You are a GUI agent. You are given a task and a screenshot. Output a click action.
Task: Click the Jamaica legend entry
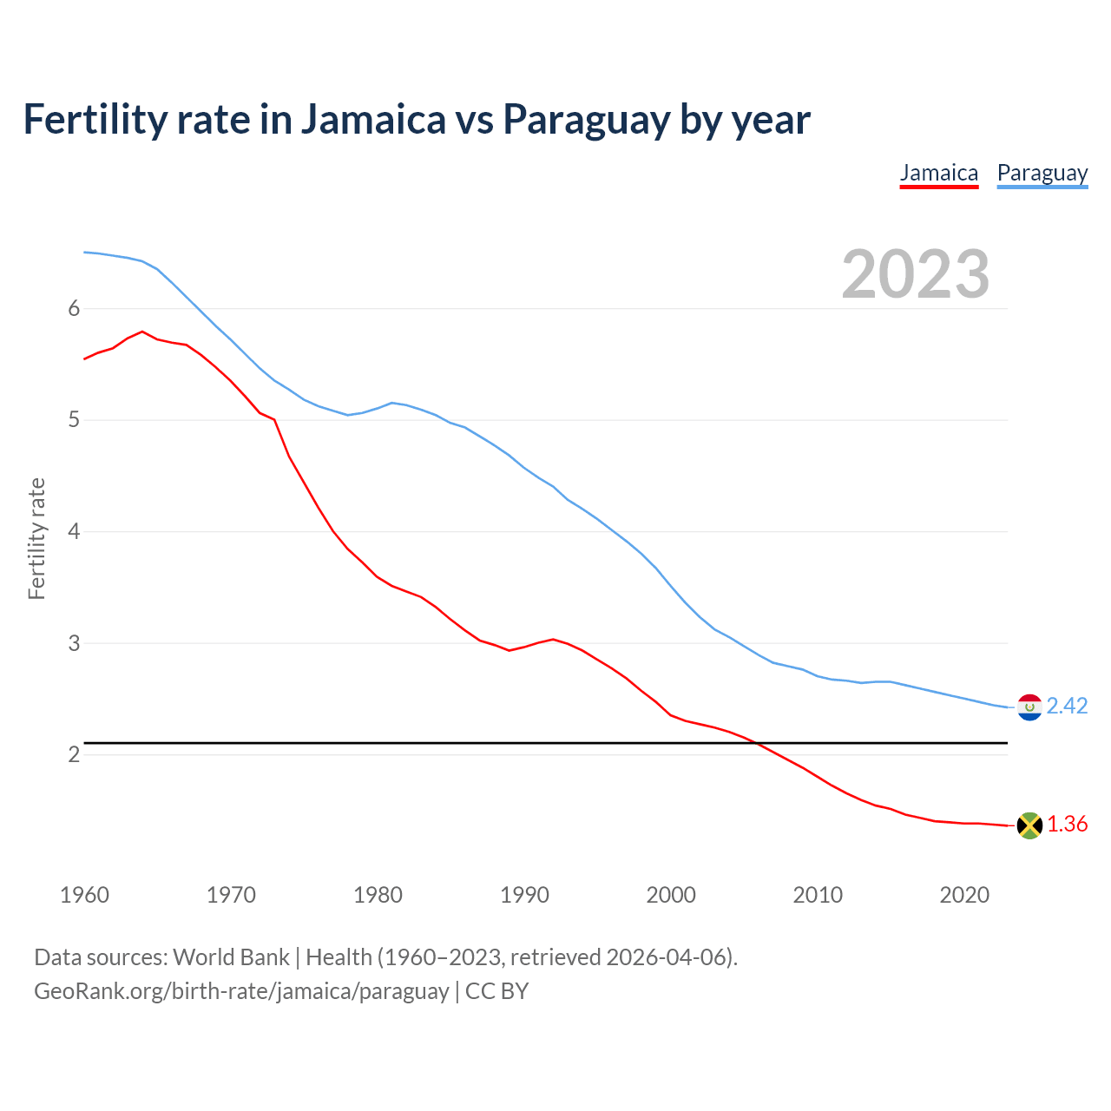pos(938,173)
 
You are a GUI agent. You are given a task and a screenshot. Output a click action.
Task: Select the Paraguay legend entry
pos(1042,173)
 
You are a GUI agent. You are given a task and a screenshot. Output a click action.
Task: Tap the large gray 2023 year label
pos(915,274)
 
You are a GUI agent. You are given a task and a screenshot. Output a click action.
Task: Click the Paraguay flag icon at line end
pos(1029,707)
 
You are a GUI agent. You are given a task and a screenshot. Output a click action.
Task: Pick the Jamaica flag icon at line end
pos(1029,825)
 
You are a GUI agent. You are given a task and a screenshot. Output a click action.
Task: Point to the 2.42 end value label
pos(1067,707)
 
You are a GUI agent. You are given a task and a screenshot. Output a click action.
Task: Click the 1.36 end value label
pos(1067,825)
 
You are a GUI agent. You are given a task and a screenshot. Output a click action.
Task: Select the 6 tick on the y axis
pos(74,308)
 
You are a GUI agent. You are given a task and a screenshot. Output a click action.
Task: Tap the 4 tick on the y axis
pos(74,531)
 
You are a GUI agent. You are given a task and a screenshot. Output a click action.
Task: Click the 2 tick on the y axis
pos(74,754)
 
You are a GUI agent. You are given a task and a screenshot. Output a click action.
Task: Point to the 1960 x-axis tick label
pos(84,895)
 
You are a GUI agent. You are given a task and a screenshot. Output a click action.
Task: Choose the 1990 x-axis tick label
pos(524,895)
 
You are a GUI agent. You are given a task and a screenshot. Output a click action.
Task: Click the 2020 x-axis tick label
pos(964,895)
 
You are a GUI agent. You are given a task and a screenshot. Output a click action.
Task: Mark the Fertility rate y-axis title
pos(36,538)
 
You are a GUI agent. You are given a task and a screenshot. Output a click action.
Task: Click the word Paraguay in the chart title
pos(586,120)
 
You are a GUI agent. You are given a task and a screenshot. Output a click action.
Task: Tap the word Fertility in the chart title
pos(94,120)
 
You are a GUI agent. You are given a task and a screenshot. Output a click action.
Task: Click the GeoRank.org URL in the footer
pos(241,991)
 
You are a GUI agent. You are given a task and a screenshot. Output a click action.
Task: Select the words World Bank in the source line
pos(231,957)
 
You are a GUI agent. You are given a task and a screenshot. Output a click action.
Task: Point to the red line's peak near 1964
pos(142,332)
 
